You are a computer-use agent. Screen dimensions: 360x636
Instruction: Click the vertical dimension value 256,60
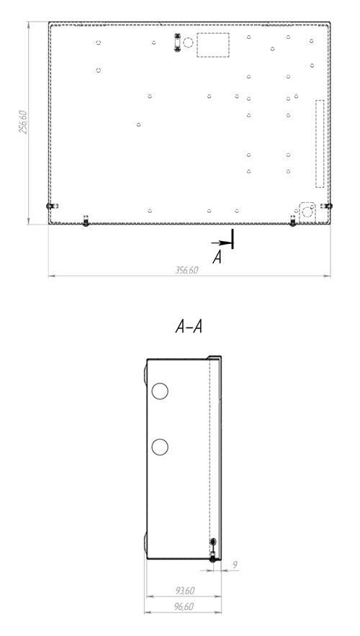(x=23, y=122)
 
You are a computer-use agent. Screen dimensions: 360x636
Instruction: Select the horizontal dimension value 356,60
(x=186, y=270)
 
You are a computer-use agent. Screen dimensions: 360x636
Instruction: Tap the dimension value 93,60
(x=184, y=591)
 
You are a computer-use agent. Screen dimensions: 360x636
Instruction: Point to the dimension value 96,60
(x=184, y=607)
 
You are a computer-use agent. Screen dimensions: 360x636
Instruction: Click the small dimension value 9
(x=235, y=564)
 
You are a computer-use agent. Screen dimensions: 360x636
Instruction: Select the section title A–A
(x=189, y=327)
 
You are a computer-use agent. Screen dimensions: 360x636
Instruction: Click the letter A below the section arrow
(x=217, y=257)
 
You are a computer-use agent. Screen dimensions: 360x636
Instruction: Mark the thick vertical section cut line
(x=232, y=239)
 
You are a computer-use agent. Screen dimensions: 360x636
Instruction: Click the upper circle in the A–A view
(x=160, y=391)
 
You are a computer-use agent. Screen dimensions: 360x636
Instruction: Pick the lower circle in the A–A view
(x=160, y=447)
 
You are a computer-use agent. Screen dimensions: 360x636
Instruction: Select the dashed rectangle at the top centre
(x=213, y=45)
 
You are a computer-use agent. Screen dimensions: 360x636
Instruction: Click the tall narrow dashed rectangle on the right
(x=320, y=144)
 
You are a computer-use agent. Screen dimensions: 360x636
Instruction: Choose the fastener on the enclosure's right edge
(x=327, y=206)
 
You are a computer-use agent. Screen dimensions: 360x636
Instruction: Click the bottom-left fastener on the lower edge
(x=86, y=222)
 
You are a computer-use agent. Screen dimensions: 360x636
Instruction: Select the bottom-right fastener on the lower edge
(x=292, y=222)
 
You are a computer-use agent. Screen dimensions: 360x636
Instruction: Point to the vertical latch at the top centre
(x=177, y=43)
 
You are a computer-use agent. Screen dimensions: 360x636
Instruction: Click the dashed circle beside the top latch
(x=188, y=42)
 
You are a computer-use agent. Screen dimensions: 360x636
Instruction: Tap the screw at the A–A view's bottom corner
(x=212, y=559)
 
